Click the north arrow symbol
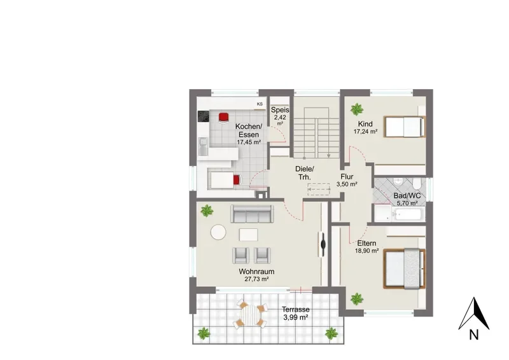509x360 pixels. point(473,314)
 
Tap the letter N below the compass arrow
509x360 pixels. point(474,335)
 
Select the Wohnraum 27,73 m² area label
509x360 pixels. point(256,275)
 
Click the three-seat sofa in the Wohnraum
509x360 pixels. point(252,214)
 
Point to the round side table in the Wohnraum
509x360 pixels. point(218,232)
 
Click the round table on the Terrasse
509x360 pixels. point(250,315)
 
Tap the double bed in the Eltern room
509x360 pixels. point(404,268)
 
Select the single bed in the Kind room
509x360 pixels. point(405,127)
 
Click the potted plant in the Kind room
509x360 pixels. point(357,109)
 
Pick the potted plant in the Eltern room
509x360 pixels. point(357,298)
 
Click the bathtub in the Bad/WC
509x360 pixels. point(408,214)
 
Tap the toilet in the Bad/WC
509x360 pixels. point(417,183)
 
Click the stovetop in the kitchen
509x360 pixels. point(204,116)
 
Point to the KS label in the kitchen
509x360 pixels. point(260,104)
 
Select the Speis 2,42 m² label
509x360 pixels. point(280,116)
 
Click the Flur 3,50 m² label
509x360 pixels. point(347,180)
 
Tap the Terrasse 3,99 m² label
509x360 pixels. point(295,314)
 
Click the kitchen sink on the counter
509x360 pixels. point(204,146)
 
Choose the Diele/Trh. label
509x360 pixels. point(305,173)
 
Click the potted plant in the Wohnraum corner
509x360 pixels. point(207,211)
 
